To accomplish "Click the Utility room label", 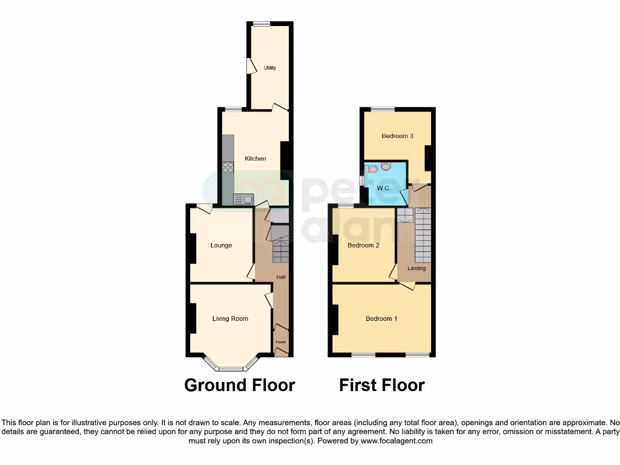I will click(x=270, y=68).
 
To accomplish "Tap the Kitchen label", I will click(x=255, y=159).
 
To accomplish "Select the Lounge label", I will click(x=221, y=245).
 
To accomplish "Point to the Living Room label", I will click(x=230, y=318).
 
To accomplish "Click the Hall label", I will click(x=281, y=277).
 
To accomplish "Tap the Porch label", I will click(x=280, y=343).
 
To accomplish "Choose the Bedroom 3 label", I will click(x=397, y=136).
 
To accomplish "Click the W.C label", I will click(x=383, y=188).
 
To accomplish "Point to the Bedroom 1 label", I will click(x=381, y=318).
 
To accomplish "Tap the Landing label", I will click(x=417, y=268).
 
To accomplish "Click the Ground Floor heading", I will click(x=239, y=385).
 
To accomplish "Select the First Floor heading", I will click(x=381, y=385).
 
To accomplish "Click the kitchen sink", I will click(x=243, y=197).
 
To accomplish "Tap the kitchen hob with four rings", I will click(x=228, y=167).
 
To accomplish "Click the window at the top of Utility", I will click(x=262, y=24).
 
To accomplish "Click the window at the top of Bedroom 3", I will click(x=383, y=110).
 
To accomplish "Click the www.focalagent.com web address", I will click(x=397, y=441).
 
